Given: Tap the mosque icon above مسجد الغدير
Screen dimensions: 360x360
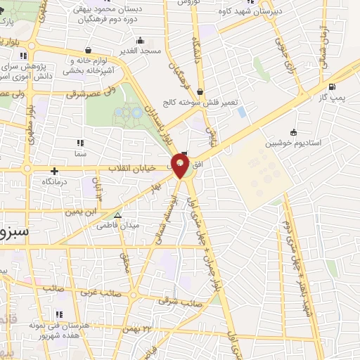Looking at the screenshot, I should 141,40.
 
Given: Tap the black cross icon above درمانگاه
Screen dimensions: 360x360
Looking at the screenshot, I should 54,171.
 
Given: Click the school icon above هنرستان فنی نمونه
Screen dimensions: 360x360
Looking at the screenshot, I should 58,314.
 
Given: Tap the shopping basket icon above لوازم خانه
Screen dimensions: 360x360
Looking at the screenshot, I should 88,51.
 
